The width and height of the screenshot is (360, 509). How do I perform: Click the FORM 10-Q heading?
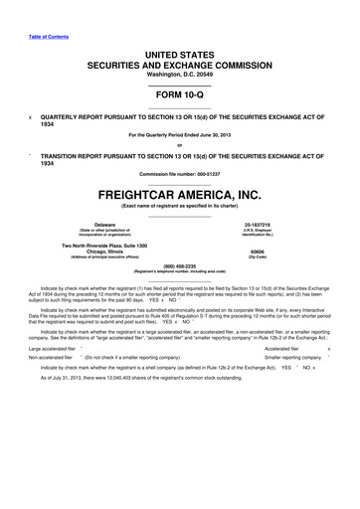tap(179, 95)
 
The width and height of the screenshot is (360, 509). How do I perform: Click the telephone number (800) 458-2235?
tap(179, 265)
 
